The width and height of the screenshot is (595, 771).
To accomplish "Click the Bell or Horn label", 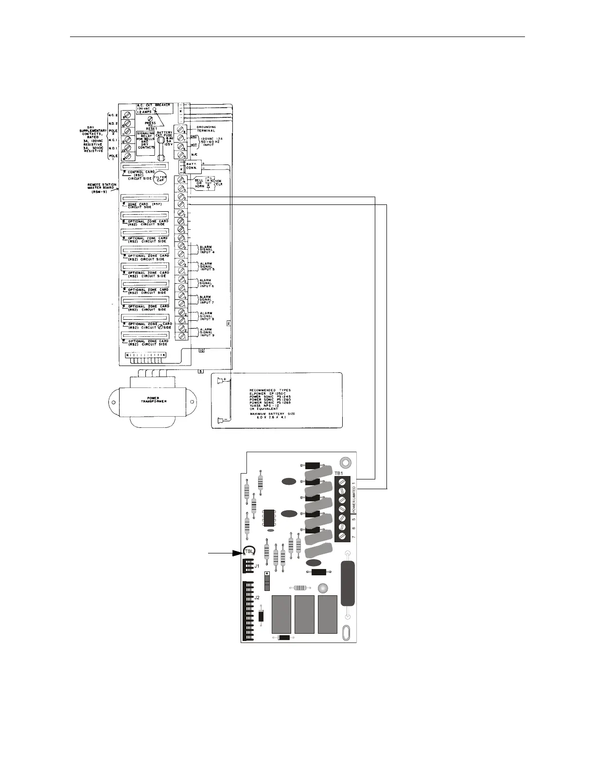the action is (x=199, y=183).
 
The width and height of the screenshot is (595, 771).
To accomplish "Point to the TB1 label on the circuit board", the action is (x=339, y=473).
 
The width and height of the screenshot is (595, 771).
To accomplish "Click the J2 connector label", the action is (x=257, y=597).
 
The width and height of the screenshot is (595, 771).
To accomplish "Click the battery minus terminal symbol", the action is (x=220, y=420).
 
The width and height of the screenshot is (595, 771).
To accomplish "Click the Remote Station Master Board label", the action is (x=101, y=188).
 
